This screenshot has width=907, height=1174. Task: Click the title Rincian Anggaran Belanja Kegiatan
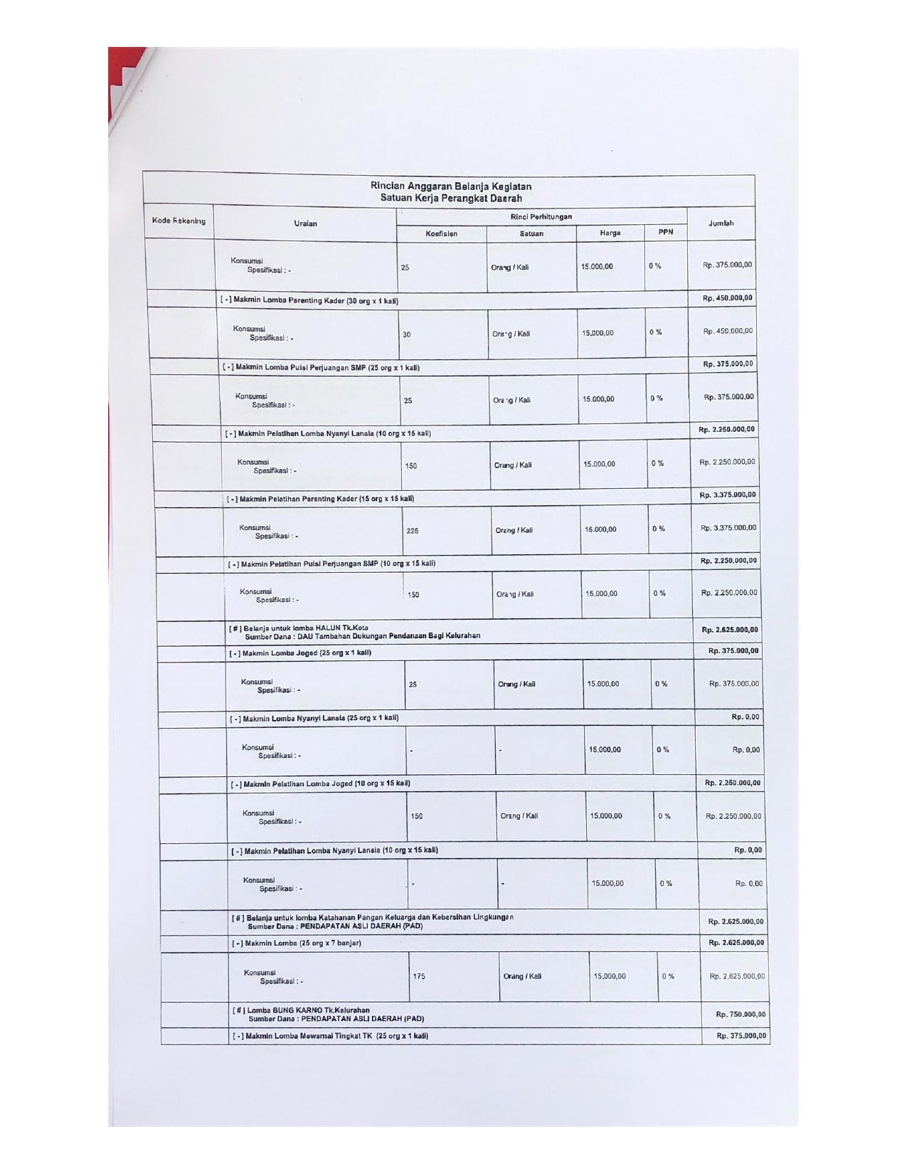(x=450, y=186)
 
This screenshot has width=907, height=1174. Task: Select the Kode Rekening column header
(x=179, y=221)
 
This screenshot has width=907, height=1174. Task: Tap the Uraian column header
(x=306, y=223)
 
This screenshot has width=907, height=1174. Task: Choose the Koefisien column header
(x=441, y=233)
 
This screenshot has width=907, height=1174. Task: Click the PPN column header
(x=666, y=232)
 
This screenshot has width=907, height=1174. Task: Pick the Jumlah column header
(x=721, y=223)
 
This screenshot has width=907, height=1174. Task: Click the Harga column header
(x=610, y=233)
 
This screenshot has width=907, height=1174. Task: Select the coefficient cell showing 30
(x=407, y=334)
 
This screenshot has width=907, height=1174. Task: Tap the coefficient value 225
(x=413, y=531)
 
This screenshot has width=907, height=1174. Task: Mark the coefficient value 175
(x=419, y=977)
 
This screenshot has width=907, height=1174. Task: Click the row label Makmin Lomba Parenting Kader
(x=310, y=301)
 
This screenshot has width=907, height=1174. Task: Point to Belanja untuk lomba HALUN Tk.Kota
(x=306, y=628)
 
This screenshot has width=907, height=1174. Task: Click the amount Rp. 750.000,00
(x=741, y=1015)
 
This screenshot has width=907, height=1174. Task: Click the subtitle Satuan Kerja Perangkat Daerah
(x=450, y=199)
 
